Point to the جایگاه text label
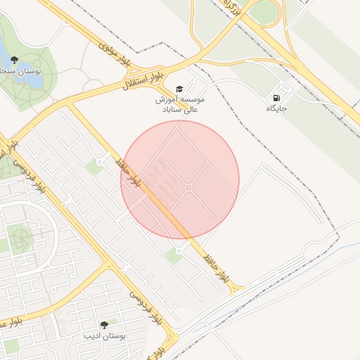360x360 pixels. [277, 108]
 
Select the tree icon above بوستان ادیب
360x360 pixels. [105, 326]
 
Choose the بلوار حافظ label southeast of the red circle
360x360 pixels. [216, 266]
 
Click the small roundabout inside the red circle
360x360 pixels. [188, 187]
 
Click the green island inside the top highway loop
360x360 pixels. [263, 11]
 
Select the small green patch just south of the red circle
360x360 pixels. [174, 256]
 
